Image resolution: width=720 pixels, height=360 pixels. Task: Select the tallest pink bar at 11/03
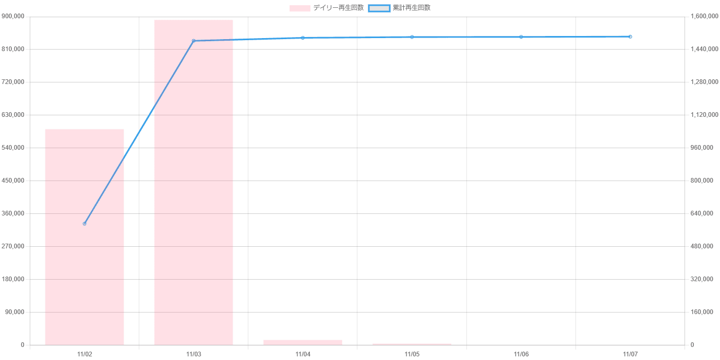194,182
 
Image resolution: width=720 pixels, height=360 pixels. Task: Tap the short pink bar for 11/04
303,342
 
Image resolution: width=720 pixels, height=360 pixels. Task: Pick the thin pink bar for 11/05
412,344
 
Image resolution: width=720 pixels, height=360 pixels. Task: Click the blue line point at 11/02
84,223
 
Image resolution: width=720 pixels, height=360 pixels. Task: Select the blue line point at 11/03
194,41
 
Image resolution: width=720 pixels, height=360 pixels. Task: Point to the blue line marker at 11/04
303,38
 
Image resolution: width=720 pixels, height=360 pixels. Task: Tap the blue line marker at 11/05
412,37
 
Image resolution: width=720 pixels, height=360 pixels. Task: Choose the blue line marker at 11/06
521,37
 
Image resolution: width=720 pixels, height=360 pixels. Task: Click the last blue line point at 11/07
630,37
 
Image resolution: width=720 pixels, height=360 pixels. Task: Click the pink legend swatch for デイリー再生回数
299,8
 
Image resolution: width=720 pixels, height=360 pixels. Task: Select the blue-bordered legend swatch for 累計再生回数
379,8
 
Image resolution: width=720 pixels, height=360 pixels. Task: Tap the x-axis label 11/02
84,354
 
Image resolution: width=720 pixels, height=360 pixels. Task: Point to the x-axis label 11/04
303,354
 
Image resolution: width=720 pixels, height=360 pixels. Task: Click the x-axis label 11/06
521,354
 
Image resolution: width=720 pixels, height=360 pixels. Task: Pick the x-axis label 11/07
630,354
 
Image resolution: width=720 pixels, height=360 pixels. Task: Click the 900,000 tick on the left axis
14,17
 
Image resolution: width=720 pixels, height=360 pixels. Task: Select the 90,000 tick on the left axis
15,312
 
